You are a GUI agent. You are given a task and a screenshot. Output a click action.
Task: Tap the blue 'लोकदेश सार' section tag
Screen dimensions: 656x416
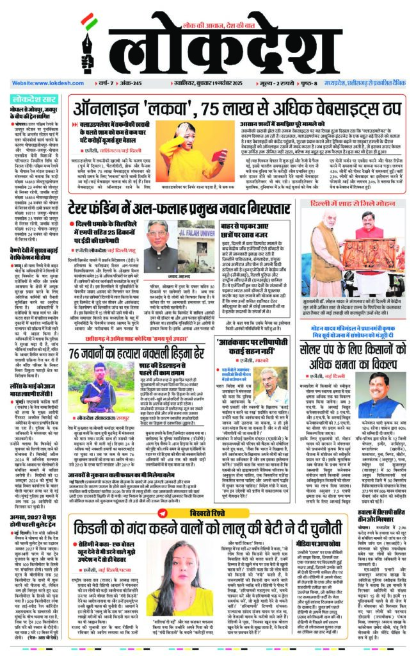(x=36, y=99)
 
